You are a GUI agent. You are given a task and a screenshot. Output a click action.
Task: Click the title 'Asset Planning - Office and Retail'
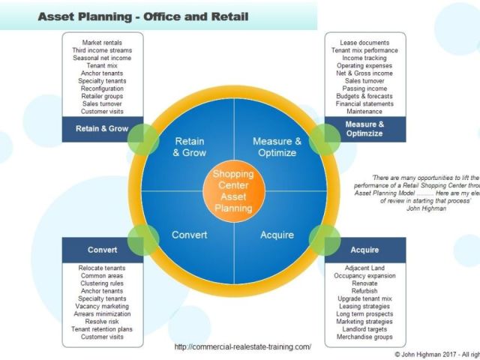point(143,16)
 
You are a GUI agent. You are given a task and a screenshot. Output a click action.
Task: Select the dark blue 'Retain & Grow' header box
point(102,128)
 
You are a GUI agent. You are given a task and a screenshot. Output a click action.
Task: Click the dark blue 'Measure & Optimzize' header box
point(364,128)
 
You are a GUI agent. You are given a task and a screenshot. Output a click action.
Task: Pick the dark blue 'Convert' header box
point(102,250)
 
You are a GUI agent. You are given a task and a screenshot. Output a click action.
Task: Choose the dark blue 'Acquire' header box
point(364,250)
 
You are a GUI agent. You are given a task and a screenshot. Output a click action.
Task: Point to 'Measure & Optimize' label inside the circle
point(277,147)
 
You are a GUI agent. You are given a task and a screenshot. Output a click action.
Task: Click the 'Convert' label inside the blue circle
point(189,235)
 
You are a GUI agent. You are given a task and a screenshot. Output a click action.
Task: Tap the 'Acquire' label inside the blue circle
point(277,235)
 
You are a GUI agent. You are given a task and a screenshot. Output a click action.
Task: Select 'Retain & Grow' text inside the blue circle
point(189,147)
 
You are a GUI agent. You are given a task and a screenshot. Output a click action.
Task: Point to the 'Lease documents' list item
point(364,42)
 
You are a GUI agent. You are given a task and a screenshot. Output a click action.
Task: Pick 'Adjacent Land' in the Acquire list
point(364,268)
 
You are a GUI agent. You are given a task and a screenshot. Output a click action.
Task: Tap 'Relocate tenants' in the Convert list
point(102,268)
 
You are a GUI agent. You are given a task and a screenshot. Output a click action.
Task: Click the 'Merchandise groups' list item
point(364,337)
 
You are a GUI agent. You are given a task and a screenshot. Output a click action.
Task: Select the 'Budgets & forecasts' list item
point(364,95)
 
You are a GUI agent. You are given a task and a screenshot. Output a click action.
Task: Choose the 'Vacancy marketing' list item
point(102,306)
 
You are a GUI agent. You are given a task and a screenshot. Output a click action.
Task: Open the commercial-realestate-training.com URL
point(242,347)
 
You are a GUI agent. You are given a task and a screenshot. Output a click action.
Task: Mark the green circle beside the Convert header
point(142,241)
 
